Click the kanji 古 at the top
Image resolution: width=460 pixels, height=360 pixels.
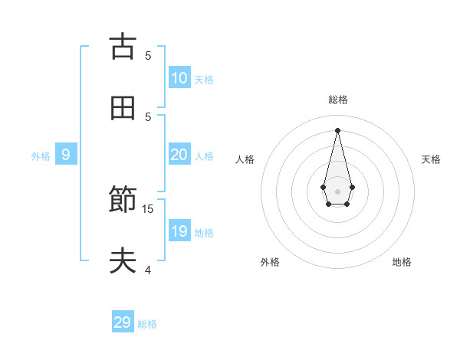click(x=123, y=47)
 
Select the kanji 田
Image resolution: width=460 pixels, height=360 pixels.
click(x=123, y=108)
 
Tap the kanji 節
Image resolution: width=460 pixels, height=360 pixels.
click(x=123, y=201)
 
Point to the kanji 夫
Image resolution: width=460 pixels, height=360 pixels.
click(x=123, y=261)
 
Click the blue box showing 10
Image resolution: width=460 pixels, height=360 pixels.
click(x=179, y=78)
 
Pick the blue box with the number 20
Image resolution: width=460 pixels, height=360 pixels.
click(x=179, y=155)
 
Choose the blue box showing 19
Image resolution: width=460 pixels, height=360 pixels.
click(x=179, y=231)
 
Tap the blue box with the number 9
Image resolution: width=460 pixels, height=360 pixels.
click(x=66, y=155)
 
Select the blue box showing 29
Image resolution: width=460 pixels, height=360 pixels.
click(x=123, y=322)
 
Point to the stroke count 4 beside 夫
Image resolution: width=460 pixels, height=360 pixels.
click(x=148, y=270)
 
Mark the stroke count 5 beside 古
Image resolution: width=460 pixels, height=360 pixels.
click(x=148, y=55)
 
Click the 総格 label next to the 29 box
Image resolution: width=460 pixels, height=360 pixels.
click(x=147, y=324)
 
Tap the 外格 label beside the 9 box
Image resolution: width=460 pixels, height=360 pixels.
click(x=41, y=156)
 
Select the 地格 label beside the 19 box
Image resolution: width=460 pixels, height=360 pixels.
click(x=204, y=233)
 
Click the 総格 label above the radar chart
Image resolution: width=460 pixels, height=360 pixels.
click(x=337, y=100)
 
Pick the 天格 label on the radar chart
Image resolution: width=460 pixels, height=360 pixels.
click(x=432, y=159)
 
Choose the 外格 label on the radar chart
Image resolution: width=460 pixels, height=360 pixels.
click(x=270, y=262)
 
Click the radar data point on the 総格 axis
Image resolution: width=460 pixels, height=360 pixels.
click(x=337, y=130)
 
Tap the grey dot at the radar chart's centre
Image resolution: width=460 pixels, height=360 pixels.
click(x=337, y=191)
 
